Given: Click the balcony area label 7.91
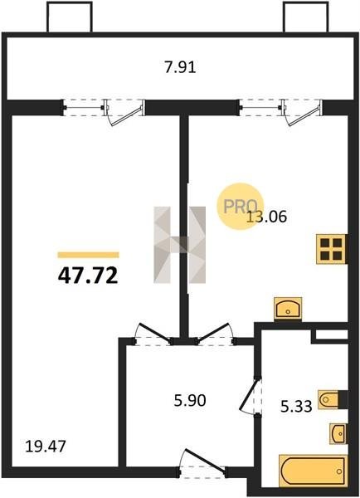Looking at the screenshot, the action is [180, 68].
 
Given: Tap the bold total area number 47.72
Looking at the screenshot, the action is [88, 276].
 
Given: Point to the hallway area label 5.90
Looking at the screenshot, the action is [190, 401].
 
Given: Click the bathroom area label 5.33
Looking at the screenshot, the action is [296, 406].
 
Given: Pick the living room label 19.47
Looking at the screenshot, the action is [46, 447].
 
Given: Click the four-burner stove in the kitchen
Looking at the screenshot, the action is [331, 249].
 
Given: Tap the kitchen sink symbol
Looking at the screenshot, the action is [288, 309].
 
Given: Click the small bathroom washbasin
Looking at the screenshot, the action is [338, 433].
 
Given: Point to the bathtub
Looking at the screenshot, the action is [313, 471].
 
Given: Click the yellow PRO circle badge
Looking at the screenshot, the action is [240, 207].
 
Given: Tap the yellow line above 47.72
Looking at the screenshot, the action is [88, 255].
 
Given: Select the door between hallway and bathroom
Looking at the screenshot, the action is [251, 395].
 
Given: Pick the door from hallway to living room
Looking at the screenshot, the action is [153, 334].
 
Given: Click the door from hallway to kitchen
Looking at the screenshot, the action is [215, 334].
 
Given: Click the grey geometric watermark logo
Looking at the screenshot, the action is [180, 245].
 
